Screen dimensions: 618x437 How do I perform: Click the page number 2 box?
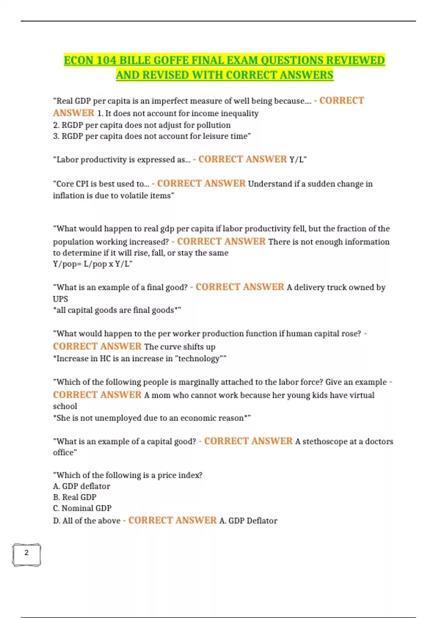coord(26,554)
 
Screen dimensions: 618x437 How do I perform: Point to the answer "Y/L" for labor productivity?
coord(297,160)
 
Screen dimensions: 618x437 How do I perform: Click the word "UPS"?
coord(60,299)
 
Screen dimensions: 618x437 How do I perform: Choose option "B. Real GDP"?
coord(75,497)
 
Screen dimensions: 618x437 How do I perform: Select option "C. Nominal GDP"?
coord(82,508)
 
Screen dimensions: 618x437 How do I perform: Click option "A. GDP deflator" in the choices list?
coord(82,486)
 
